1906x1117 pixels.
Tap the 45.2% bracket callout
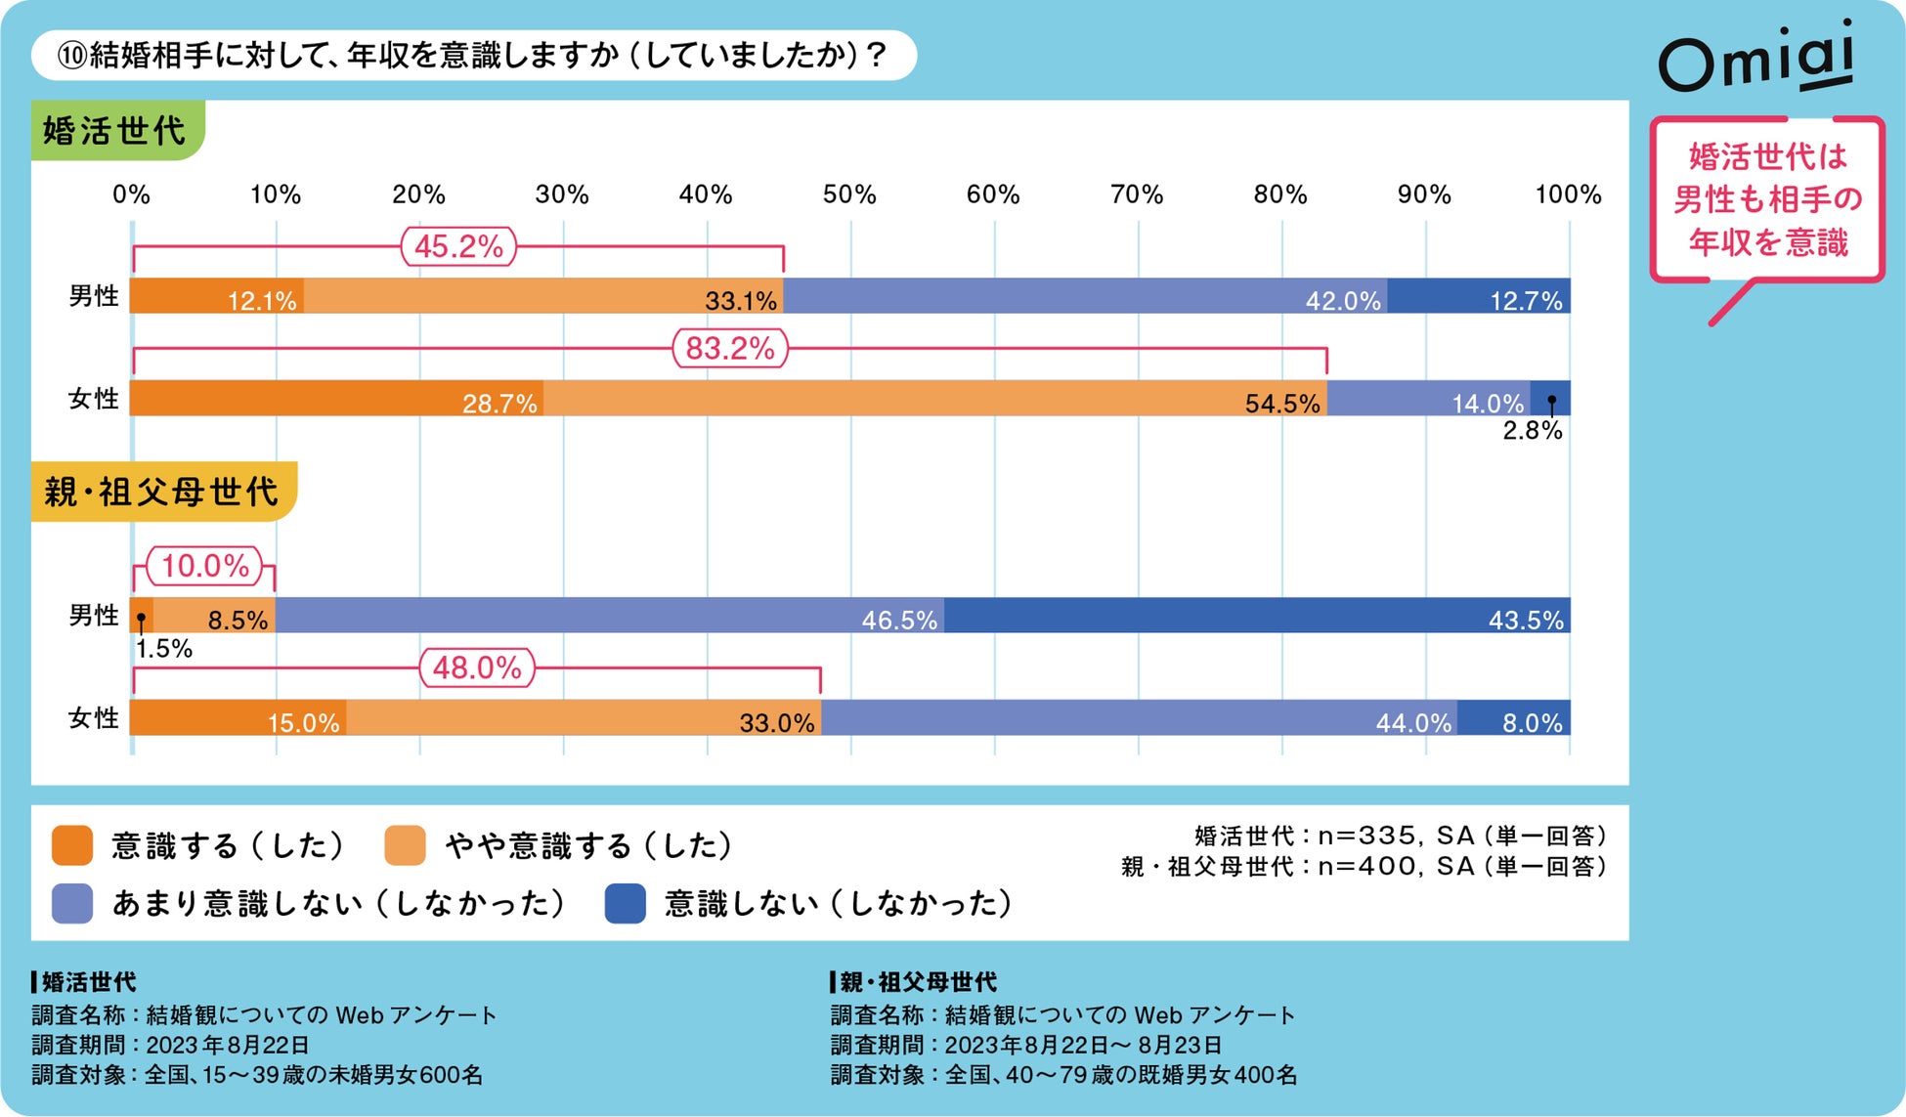(458, 246)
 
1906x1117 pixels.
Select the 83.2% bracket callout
(730, 349)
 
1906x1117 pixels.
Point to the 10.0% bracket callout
(205, 566)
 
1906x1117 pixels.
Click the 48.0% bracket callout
(477, 668)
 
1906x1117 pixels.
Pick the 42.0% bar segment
(1085, 296)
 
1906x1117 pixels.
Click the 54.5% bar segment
(934, 399)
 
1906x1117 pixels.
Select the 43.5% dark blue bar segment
(1257, 616)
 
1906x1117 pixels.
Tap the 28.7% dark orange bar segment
(336, 399)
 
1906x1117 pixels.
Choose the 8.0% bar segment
(1513, 718)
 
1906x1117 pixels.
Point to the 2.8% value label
(1532, 431)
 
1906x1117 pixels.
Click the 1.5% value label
(164, 649)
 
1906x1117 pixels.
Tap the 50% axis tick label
(849, 194)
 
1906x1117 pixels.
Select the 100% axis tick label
(1568, 194)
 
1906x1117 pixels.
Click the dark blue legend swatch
(625, 904)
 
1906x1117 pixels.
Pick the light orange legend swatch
(405, 845)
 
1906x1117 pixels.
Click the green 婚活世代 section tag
(116, 130)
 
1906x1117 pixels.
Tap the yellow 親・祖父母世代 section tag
(162, 492)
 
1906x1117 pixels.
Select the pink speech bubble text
(1767, 200)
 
